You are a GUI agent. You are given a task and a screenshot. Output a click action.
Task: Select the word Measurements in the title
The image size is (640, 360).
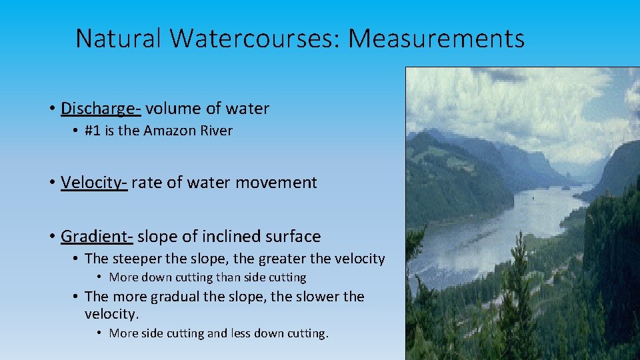(x=436, y=39)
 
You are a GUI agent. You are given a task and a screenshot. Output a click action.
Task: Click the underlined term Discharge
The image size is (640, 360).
(x=101, y=109)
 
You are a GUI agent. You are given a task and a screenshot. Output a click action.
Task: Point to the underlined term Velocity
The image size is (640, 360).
(x=93, y=183)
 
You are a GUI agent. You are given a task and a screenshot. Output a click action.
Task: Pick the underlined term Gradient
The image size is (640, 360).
(x=97, y=237)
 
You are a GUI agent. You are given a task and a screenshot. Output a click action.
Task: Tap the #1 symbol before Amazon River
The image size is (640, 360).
(x=93, y=131)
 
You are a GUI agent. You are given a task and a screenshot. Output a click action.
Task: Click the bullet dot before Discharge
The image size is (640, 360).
(x=51, y=109)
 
